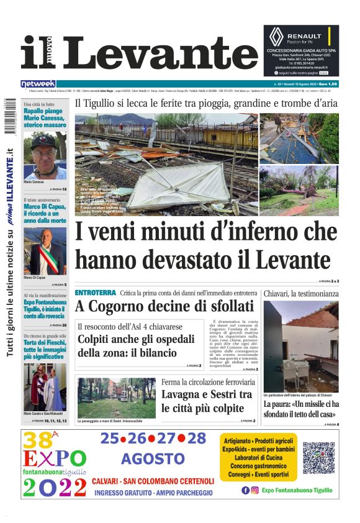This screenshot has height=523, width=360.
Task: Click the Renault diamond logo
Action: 276,36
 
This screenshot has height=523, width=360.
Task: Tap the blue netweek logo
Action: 38,83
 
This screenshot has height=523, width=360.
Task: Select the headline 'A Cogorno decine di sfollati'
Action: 164,306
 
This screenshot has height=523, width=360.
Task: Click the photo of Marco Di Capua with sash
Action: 45,252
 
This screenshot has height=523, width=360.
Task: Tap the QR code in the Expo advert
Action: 318,458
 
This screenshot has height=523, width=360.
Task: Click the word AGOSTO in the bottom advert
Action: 153,458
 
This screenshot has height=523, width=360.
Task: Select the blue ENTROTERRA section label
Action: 95,293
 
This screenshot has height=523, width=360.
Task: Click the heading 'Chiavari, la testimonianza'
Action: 301,293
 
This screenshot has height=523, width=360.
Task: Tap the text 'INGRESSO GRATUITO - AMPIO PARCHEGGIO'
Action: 153,493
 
